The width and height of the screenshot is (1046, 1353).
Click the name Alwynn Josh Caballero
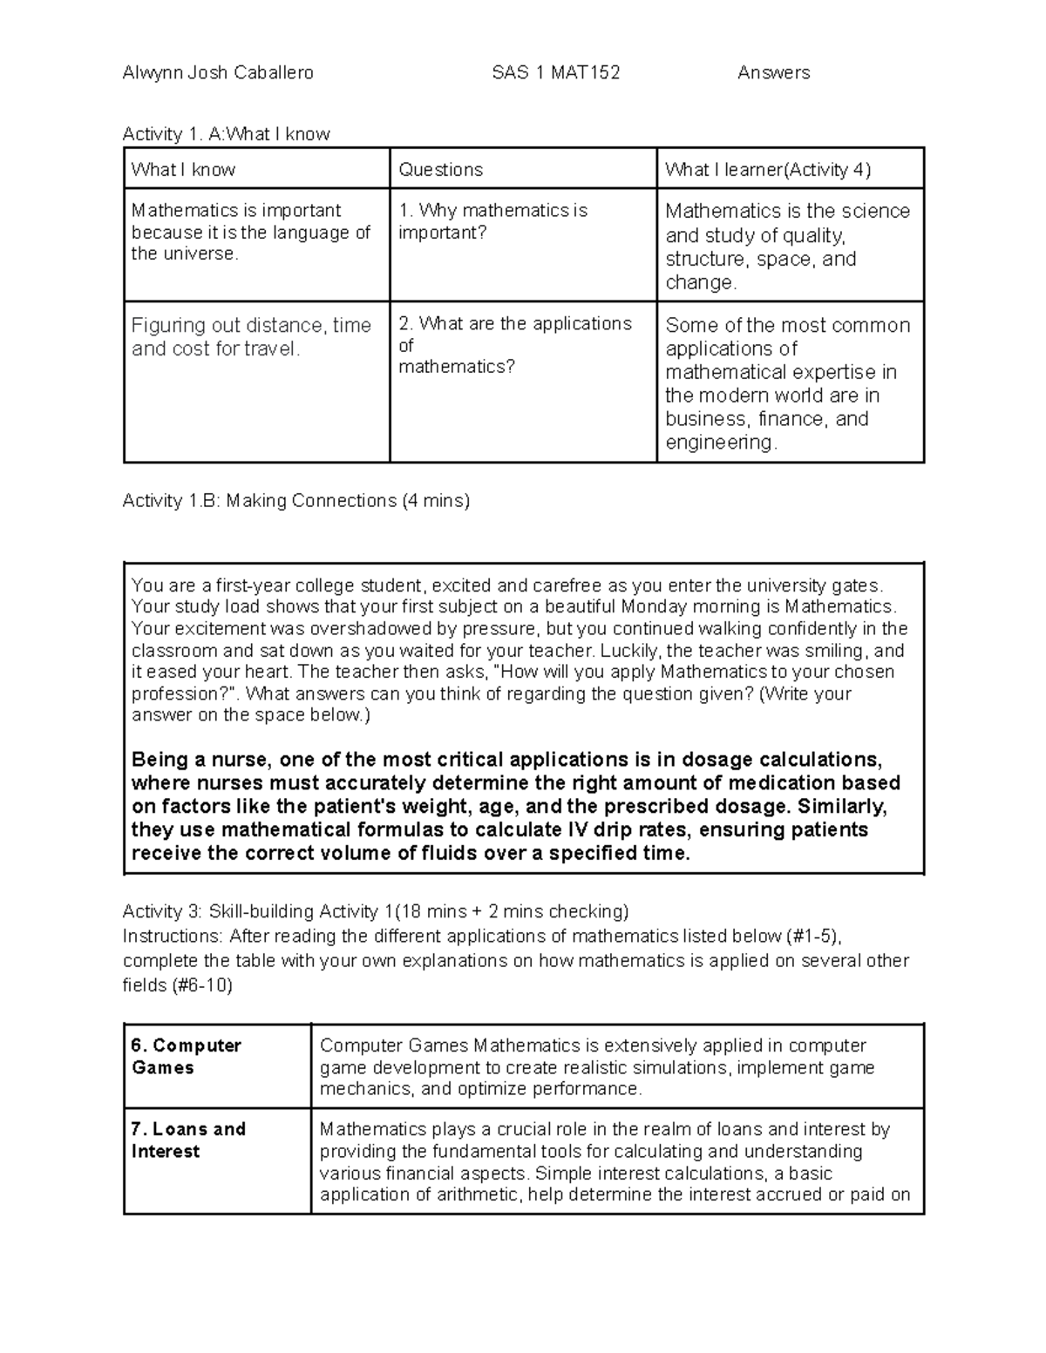218,73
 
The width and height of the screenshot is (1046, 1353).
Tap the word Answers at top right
773,73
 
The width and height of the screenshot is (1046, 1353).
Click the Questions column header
440,170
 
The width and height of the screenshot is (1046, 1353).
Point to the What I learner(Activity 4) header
767,170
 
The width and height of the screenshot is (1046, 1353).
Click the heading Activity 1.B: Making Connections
296,501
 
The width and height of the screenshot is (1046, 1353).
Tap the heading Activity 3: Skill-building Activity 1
375,912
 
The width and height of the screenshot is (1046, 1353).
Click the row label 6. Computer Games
186,1056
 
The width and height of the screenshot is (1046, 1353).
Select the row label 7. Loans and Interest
187,1140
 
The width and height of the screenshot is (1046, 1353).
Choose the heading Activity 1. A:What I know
226,134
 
